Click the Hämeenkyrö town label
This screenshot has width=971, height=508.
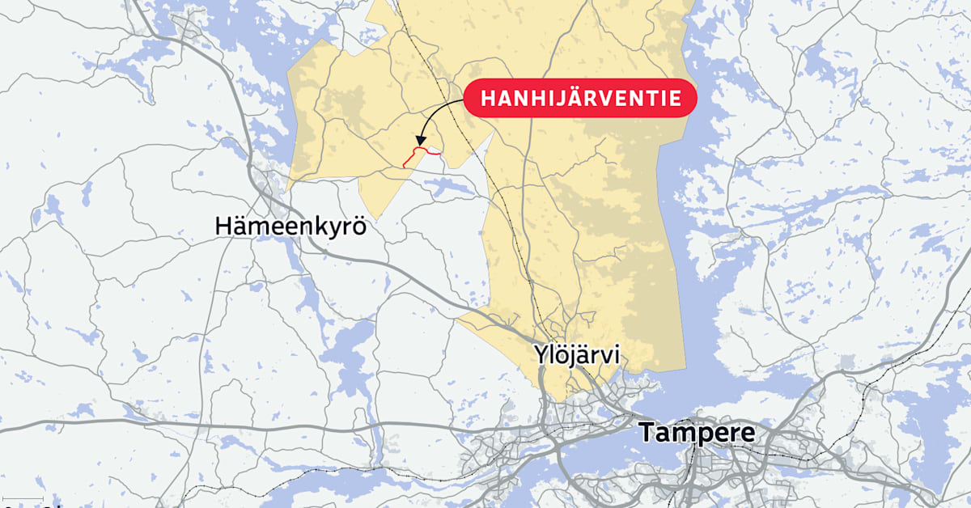coord(290,226)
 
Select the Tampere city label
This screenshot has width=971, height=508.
coord(698,433)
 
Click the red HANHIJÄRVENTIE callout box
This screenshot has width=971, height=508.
coord(580,99)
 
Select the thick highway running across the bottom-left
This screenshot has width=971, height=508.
coord(243,422)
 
